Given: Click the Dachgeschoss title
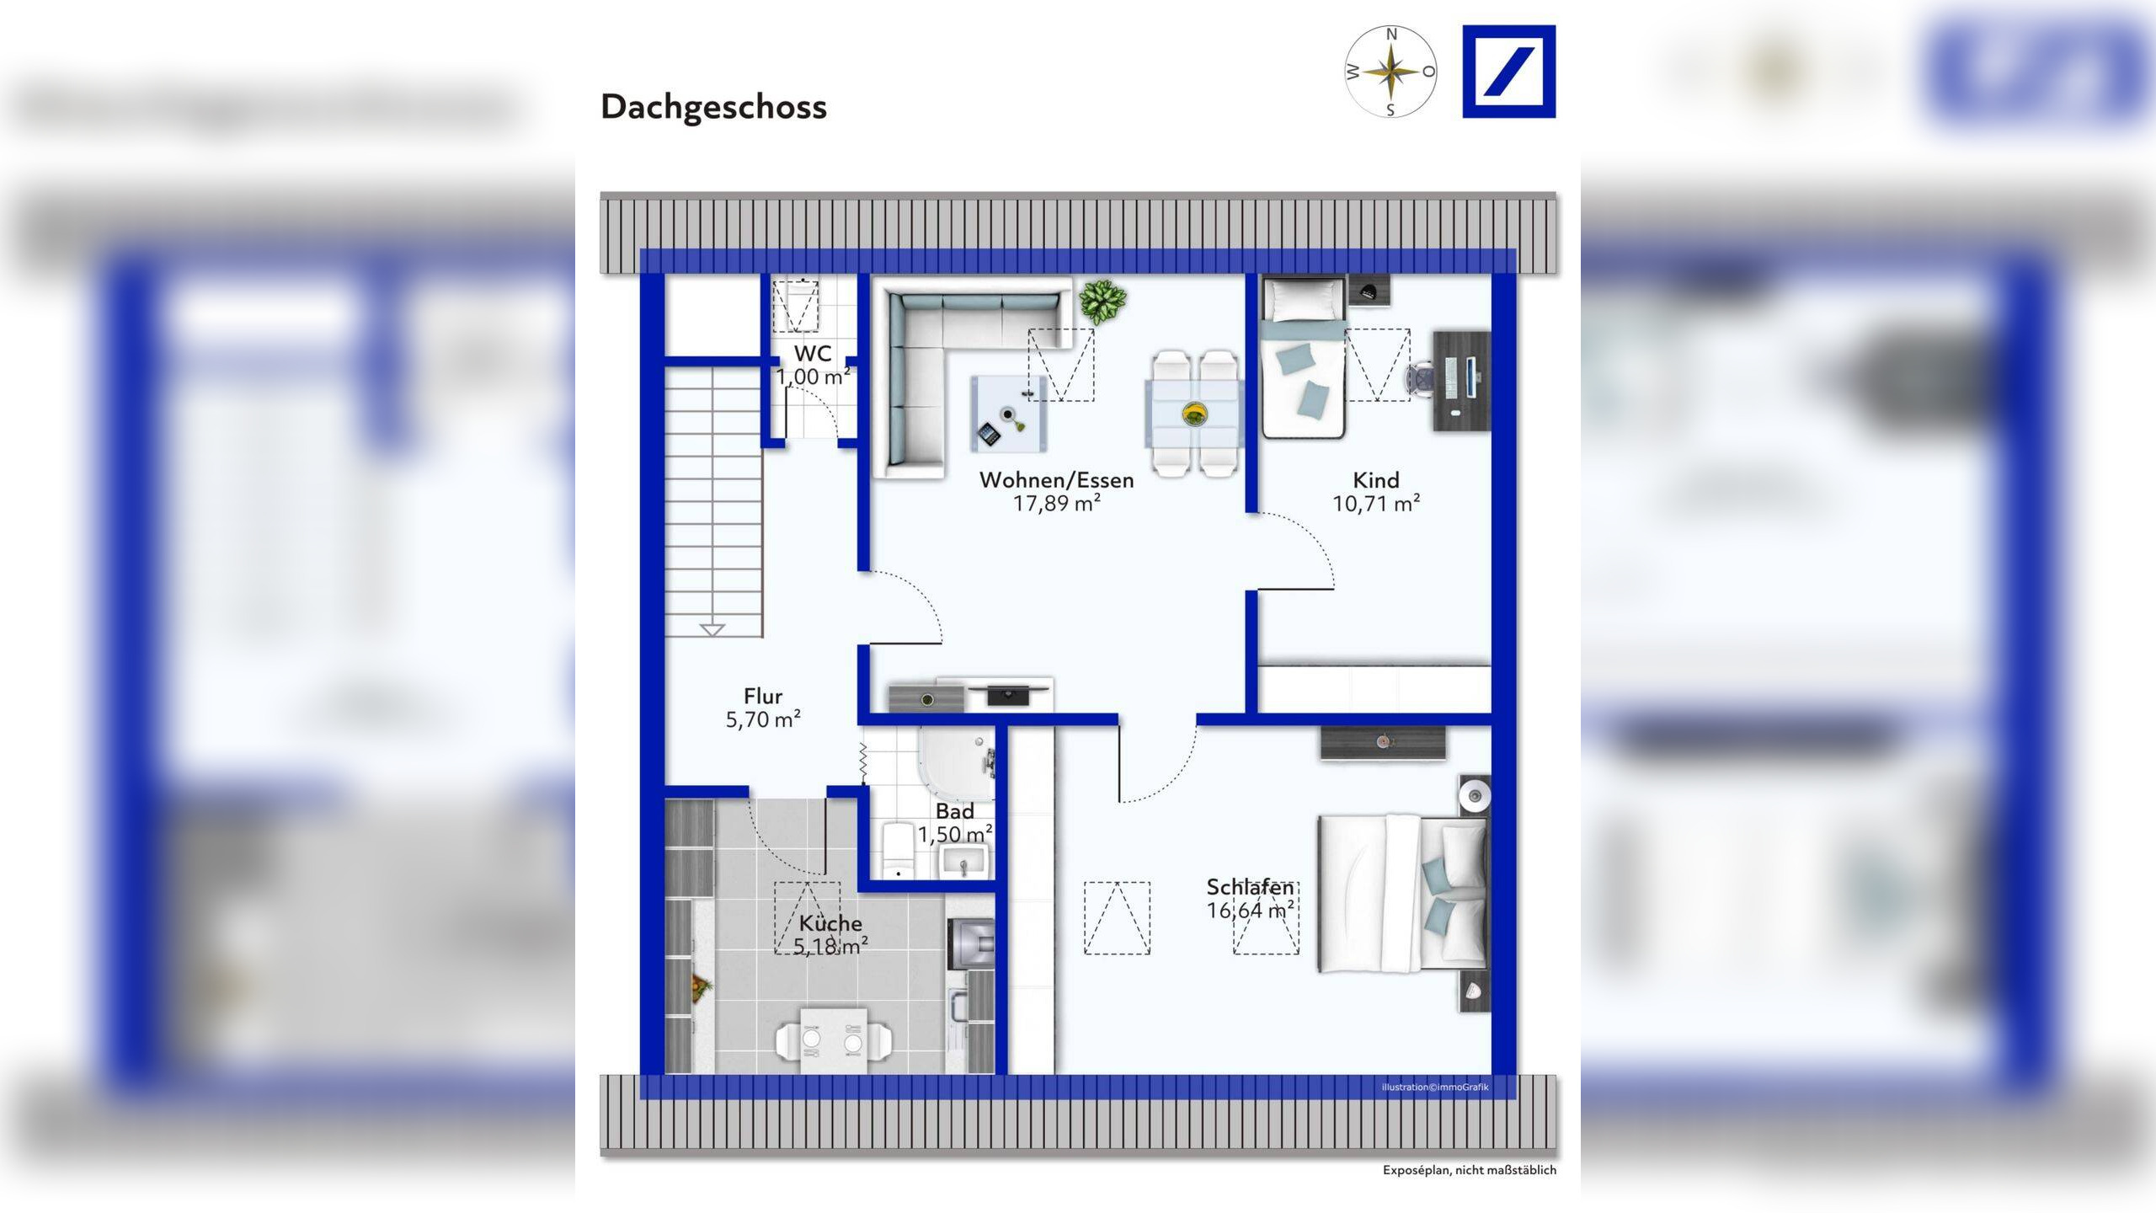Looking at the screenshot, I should click(x=713, y=107).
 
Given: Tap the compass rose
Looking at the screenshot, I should click(x=1390, y=72).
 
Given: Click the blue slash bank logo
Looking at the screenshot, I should click(x=1508, y=72).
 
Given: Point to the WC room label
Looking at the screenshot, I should click(x=813, y=354).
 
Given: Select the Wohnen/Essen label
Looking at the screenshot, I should click(x=1056, y=480).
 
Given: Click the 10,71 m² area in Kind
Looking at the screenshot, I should click(x=1376, y=504).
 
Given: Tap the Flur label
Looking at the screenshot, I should click(x=763, y=697).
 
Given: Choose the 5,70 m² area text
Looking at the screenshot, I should click(x=763, y=719).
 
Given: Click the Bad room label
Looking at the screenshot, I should click(x=954, y=811).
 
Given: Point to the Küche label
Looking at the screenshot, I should click(x=830, y=923).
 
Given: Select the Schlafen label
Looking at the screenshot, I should click(x=1250, y=887).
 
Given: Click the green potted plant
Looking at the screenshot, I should click(x=1103, y=300).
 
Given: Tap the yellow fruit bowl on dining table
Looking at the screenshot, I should click(x=1194, y=413).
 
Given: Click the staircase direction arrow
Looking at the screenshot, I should click(x=712, y=629).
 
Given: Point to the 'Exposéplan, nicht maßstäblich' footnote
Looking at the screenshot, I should click(x=1469, y=1170).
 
